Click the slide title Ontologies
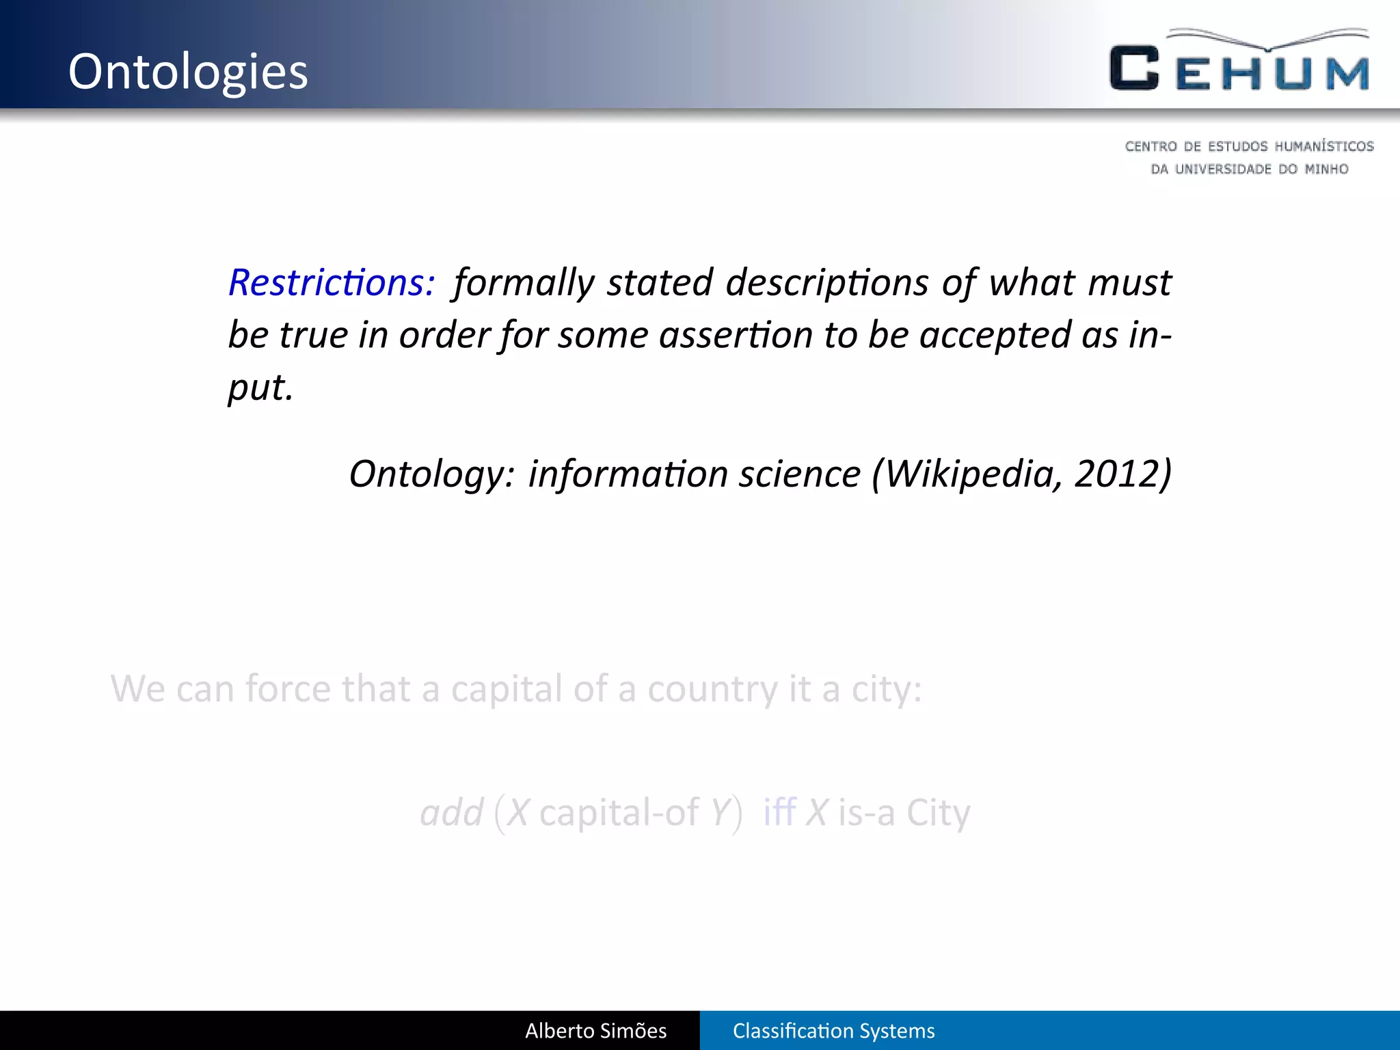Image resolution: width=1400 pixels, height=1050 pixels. [x=188, y=72]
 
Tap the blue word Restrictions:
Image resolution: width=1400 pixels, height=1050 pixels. [x=331, y=282]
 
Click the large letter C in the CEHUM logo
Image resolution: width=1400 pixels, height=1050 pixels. [x=1134, y=68]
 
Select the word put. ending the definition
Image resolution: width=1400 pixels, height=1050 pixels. [x=260, y=388]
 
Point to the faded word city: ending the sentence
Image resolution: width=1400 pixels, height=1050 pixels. [x=886, y=689]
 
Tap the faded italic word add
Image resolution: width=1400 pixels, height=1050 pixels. [x=451, y=813]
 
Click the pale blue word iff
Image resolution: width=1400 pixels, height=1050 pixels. [x=779, y=813]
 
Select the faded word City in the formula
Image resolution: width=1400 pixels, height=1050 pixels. [x=938, y=813]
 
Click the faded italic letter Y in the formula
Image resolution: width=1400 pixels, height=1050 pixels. [x=720, y=813]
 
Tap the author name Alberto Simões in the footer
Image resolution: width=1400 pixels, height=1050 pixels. [x=595, y=1031]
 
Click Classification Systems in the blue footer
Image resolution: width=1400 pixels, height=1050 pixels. [x=833, y=1031]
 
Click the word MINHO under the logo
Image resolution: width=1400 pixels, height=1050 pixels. [x=1326, y=169]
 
